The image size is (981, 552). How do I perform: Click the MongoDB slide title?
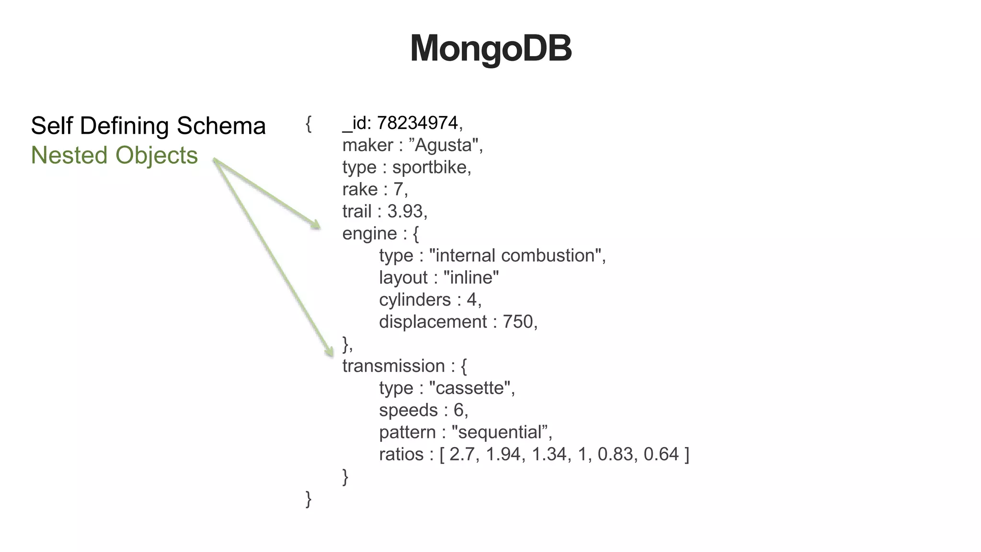coord(490,48)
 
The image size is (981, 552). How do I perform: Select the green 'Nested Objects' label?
coord(114,155)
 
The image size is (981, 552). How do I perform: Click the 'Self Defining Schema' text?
coord(148,126)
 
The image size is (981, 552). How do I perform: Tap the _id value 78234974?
coord(417,123)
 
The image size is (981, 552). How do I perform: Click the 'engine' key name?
coord(369,234)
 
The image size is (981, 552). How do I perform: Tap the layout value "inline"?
coord(471,277)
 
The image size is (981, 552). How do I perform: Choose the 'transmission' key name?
coord(393,366)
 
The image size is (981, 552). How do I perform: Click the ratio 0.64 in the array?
coord(661,454)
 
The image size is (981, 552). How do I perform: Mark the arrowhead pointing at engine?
coord(316,225)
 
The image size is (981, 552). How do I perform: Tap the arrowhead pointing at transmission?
coord(330,352)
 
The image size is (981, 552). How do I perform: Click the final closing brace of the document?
coord(308,499)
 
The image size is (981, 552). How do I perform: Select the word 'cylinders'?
coord(415,300)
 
